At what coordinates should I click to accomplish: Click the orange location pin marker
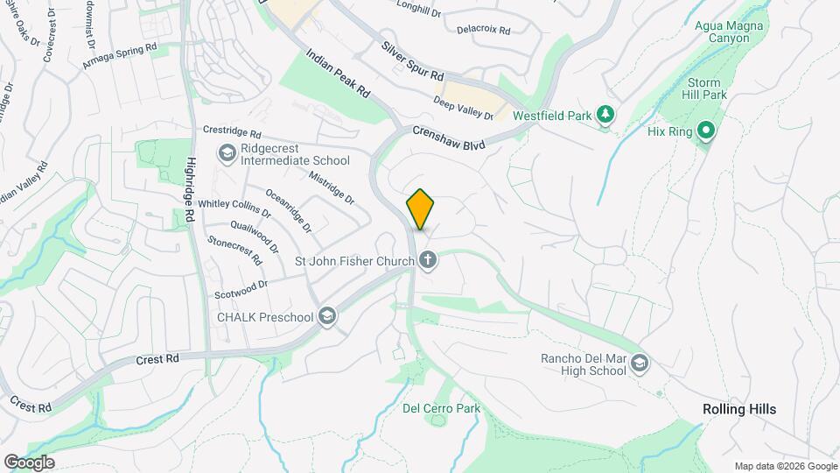click(x=421, y=209)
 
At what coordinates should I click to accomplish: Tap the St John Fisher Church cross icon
click(x=428, y=260)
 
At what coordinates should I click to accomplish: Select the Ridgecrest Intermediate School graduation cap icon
click(x=227, y=154)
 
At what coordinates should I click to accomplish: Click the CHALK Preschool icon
click(x=327, y=316)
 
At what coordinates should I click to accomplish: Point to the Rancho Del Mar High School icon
click(x=640, y=364)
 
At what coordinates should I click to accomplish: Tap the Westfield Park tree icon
click(x=604, y=115)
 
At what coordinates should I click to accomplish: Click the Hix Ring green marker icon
click(x=706, y=132)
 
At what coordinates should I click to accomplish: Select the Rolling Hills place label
click(x=739, y=409)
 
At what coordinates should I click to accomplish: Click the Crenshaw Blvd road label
click(x=449, y=139)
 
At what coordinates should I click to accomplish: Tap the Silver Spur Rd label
click(x=412, y=60)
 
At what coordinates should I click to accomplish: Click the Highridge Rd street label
click(x=190, y=194)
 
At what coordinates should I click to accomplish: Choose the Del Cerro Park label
click(x=441, y=408)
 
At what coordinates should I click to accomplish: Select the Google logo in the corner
click(x=29, y=462)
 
